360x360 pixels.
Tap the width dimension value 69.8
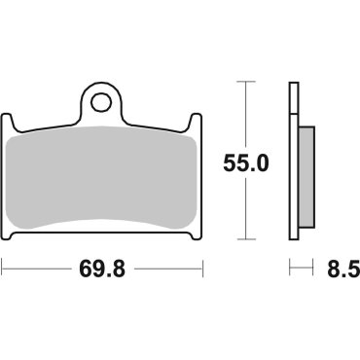click(103, 266)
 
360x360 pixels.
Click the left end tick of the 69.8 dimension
click(3, 266)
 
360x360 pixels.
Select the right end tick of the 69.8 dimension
click(203, 266)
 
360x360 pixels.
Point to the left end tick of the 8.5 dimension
click(289, 266)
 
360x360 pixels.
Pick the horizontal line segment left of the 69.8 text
click(39, 266)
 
